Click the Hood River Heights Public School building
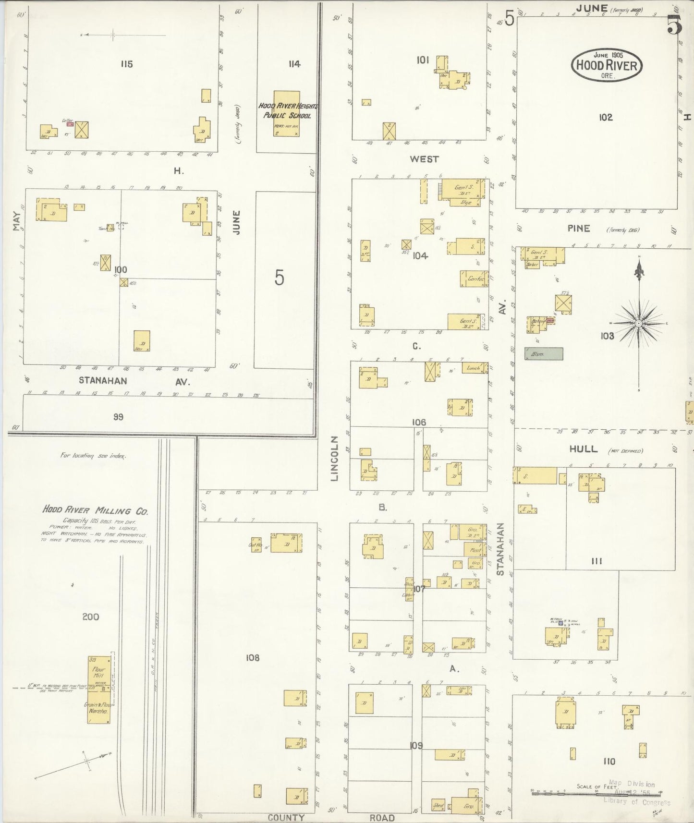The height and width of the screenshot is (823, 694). coord(287,114)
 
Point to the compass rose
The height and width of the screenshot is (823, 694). coord(639,324)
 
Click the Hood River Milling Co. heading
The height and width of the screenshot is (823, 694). coord(95,510)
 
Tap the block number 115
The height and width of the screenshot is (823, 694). coord(127,64)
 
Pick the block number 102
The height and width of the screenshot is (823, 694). coord(606,117)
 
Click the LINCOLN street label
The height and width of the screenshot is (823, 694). coord(335,458)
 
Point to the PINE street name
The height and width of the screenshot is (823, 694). coord(578,229)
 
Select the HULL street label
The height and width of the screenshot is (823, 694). coord(584,449)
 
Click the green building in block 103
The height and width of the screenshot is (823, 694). coord(544,354)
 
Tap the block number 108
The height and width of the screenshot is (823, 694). coord(253,657)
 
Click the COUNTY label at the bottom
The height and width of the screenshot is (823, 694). coord(286,818)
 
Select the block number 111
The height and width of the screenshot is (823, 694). coord(597,561)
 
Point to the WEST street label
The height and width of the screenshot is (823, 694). coord(424,159)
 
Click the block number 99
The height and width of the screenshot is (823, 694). coord(118,417)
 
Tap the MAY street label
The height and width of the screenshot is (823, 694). coord(17,221)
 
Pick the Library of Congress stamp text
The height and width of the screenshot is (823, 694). coord(637,801)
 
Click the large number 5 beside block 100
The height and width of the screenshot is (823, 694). coord(280,278)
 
